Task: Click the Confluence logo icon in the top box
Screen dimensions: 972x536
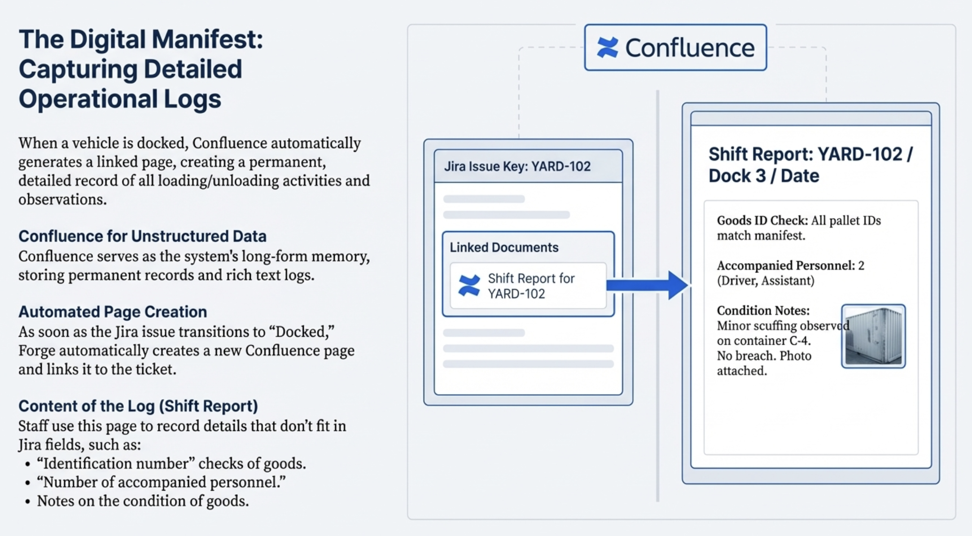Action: pyautogui.click(x=608, y=48)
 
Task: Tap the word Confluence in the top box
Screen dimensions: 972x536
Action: pyautogui.click(x=690, y=48)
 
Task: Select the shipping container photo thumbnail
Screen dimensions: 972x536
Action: pyautogui.click(x=873, y=336)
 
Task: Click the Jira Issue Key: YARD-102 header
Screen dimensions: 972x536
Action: pyautogui.click(x=517, y=167)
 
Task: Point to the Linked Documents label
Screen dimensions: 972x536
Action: pyautogui.click(x=504, y=247)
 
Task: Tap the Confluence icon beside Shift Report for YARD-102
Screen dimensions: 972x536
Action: pyautogui.click(x=469, y=286)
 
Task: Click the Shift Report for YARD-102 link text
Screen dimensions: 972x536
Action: pyautogui.click(x=531, y=286)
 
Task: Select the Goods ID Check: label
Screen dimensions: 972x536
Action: pyautogui.click(x=762, y=220)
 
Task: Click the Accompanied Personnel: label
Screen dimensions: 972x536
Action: pyautogui.click(x=786, y=265)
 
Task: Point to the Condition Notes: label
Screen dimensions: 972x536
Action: pyautogui.click(x=763, y=310)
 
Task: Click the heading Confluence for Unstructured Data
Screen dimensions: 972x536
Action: pyautogui.click(x=142, y=236)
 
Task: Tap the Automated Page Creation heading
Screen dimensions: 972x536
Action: pyautogui.click(x=113, y=312)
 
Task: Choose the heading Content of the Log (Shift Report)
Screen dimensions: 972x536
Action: pyautogui.click(x=138, y=406)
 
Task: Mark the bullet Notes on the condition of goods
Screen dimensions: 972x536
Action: pyautogui.click(x=143, y=501)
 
